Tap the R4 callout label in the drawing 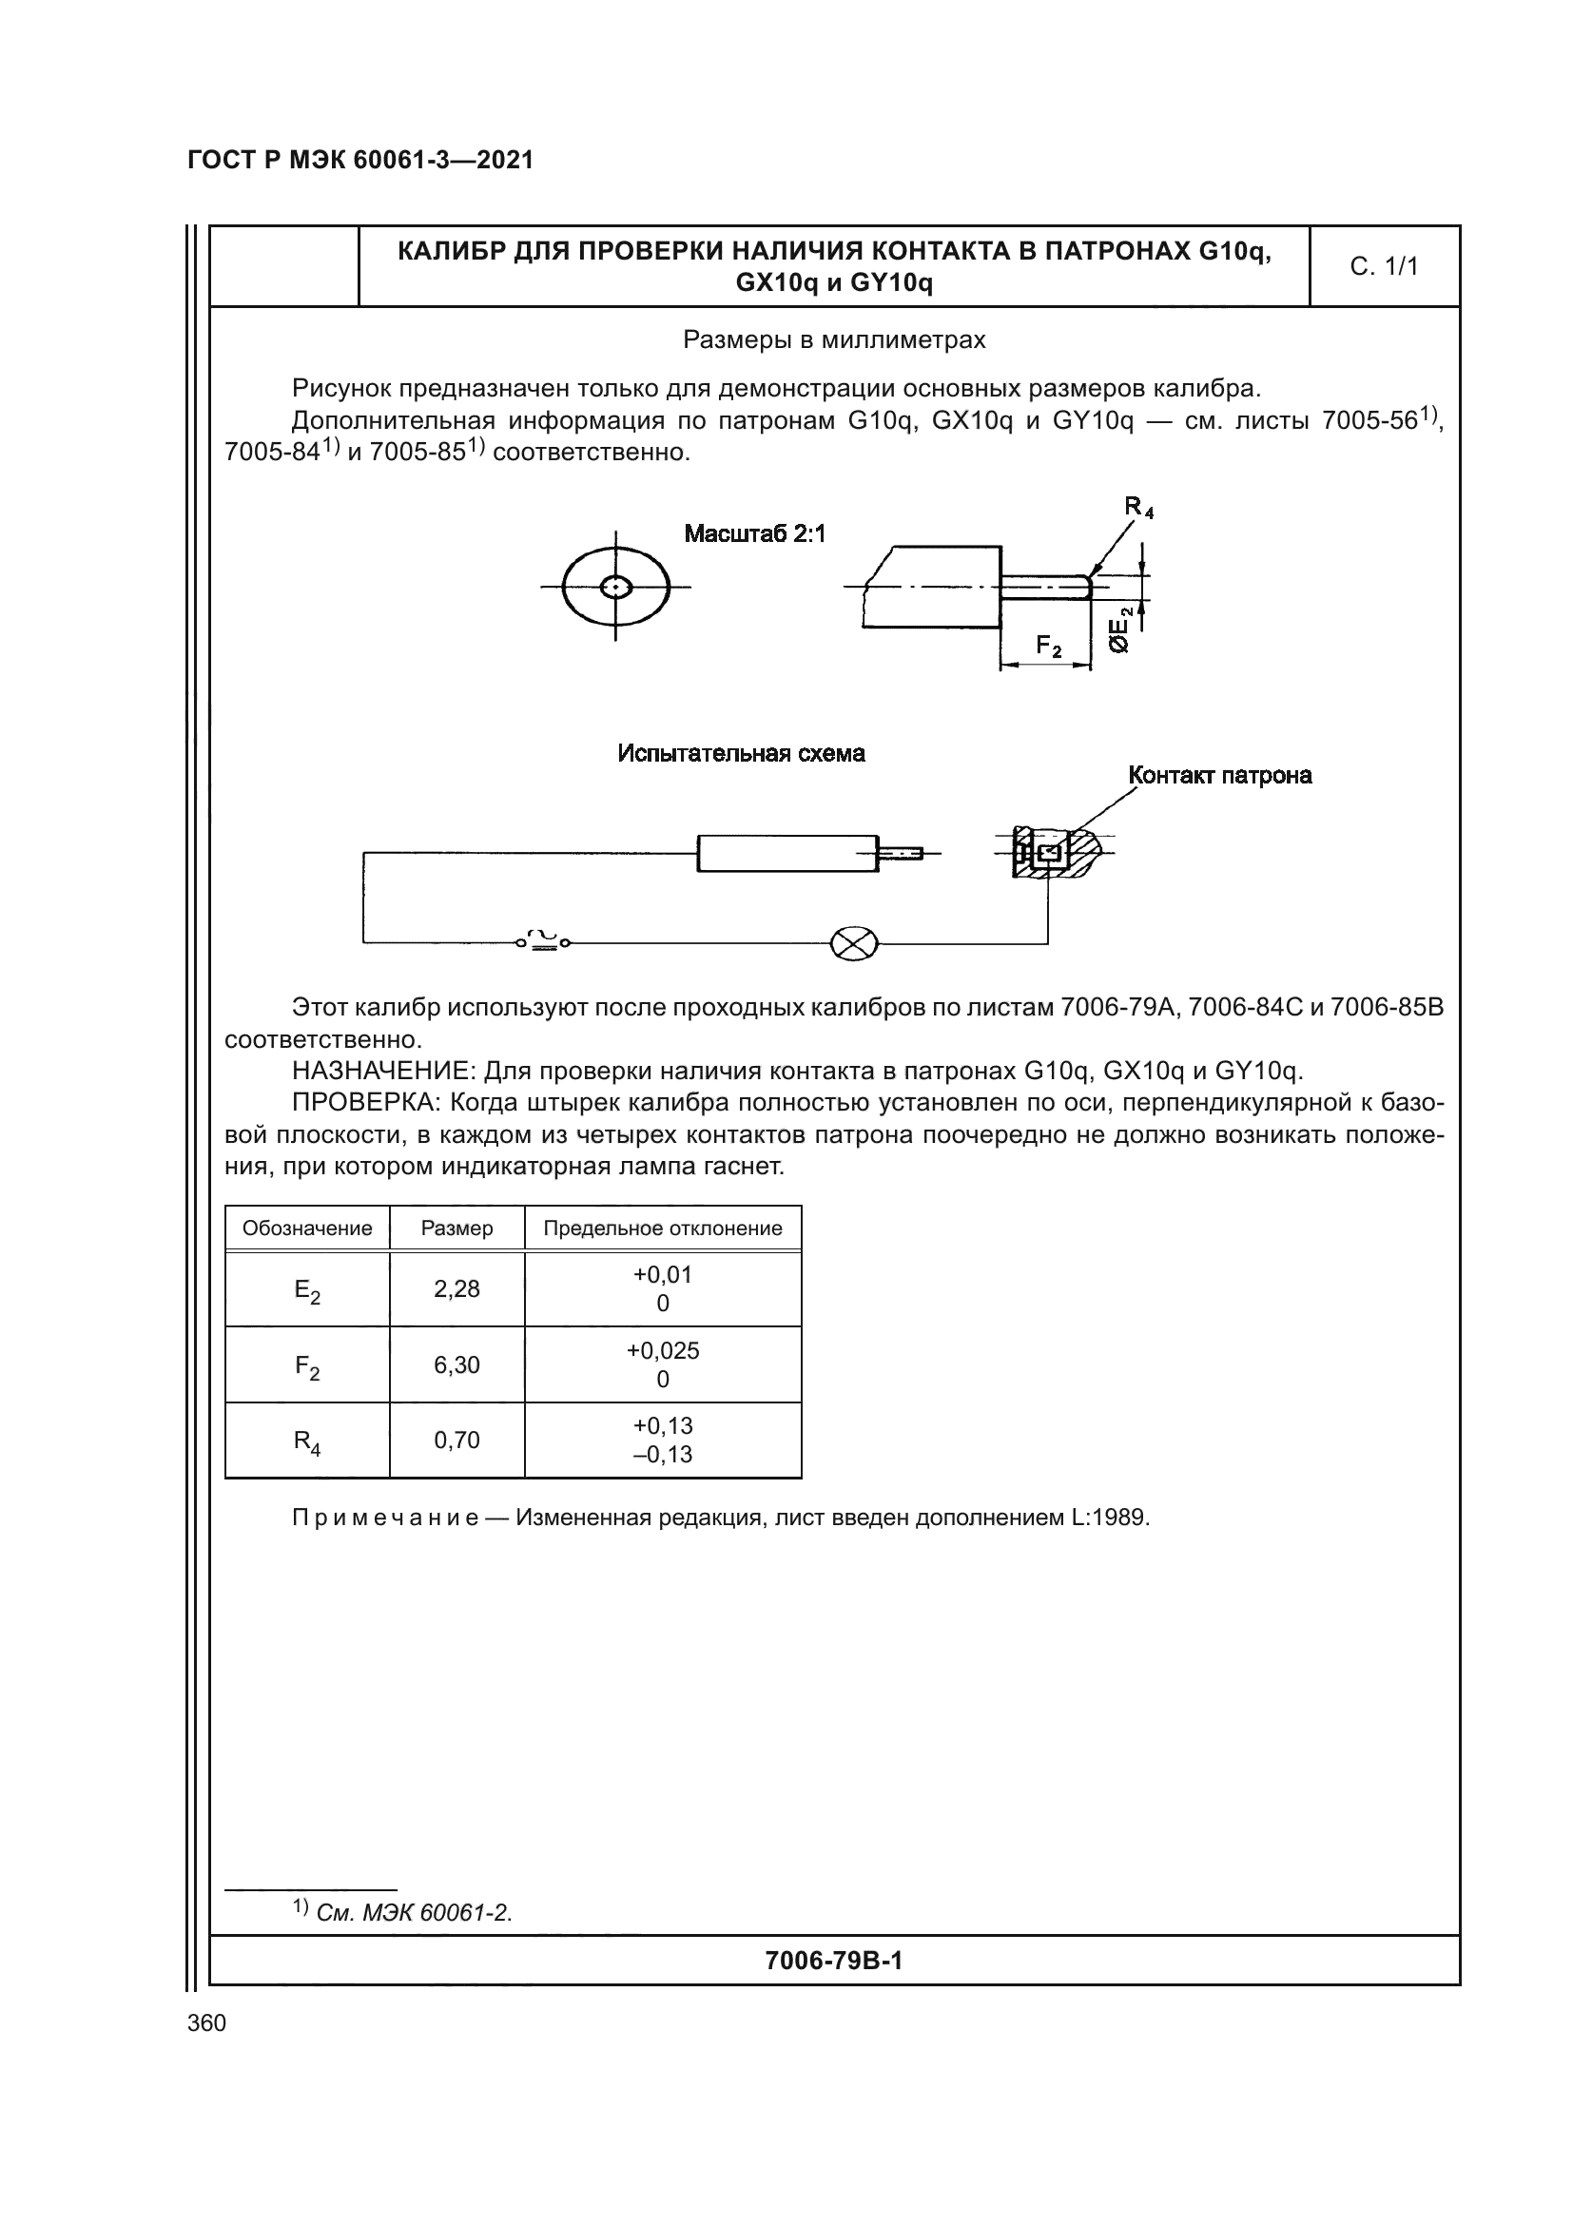pos(1138,507)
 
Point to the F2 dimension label pos(1048,646)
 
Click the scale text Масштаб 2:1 pos(754,533)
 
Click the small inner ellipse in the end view pos(616,587)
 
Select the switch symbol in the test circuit pos(543,940)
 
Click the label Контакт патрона pos(1219,775)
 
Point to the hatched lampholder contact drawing pos(1055,853)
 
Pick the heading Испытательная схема pos(741,754)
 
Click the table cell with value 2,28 pos(456,1289)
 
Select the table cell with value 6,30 pos(456,1364)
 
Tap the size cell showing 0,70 pos(456,1441)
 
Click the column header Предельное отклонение pos(663,1228)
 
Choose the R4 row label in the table pos(307,1441)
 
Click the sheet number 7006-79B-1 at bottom pos(833,1961)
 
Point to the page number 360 pos(206,2023)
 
